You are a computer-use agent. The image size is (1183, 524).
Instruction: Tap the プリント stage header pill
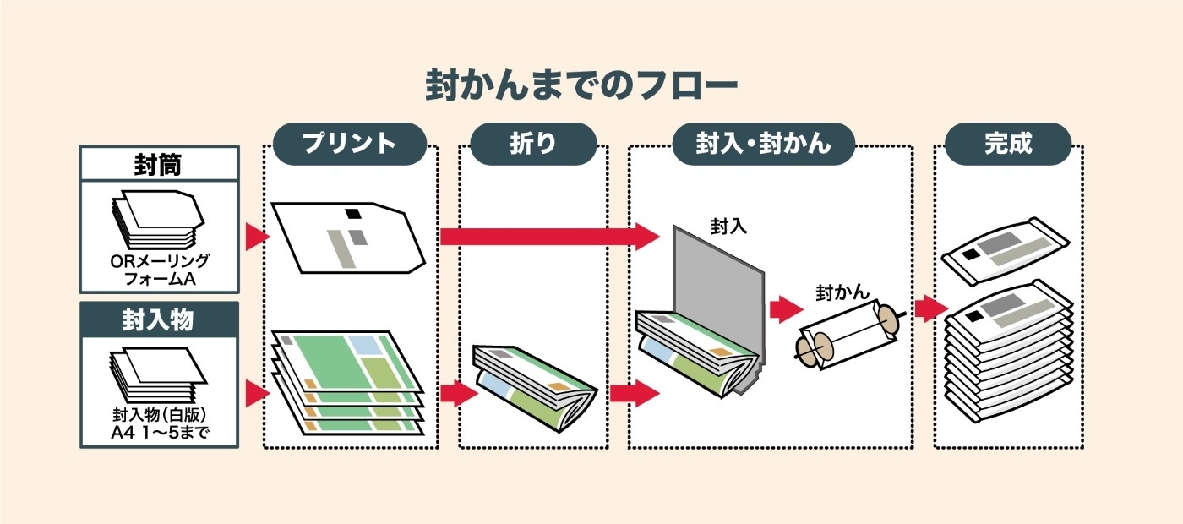click(x=350, y=144)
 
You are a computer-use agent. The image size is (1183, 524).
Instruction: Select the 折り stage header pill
click(x=532, y=144)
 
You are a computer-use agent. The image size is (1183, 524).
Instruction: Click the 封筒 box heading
click(x=158, y=163)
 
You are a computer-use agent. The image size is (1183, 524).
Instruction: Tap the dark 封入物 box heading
click(x=158, y=319)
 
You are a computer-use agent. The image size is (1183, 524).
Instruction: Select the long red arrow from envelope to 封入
click(x=549, y=236)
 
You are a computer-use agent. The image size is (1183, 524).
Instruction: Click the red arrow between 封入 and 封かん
click(x=785, y=309)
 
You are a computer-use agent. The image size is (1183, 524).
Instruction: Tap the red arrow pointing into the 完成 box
click(x=929, y=308)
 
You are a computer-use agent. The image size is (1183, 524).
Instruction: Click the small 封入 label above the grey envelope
click(x=728, y=227)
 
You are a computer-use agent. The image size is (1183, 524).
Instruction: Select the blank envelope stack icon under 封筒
click(x=157, y=218)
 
